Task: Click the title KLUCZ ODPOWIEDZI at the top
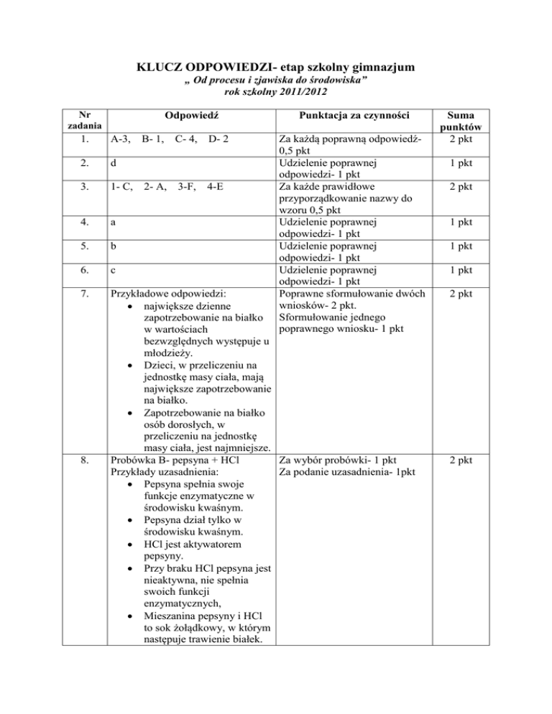(x=275, y=69)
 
